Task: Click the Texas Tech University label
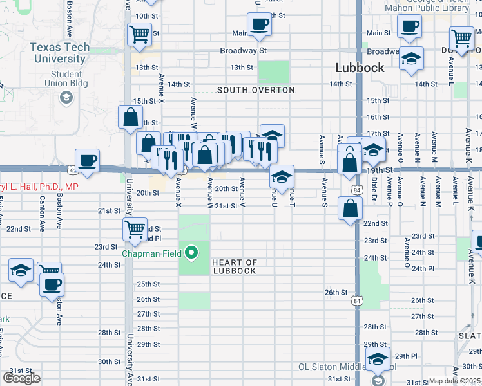(57, 53)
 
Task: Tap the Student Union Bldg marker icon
(66, 96)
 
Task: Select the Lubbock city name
(360, 68)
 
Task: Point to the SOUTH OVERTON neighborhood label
(256, 90)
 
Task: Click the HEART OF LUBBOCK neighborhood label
(235, 266)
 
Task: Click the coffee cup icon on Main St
(259, 25)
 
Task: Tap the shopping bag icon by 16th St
(130, 118)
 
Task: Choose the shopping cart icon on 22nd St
(135, 229)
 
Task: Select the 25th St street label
(148, 284)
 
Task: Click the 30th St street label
(109, 362)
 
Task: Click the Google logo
(22, 378)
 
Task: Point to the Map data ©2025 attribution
(454, 381)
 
